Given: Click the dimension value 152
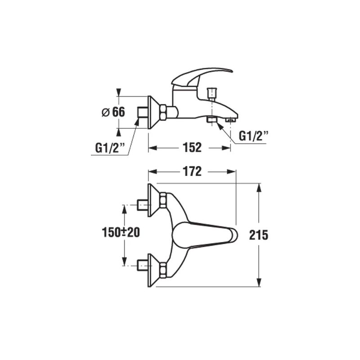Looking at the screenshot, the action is tap(192, 148).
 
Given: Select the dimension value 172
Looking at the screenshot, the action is tap(192, 171).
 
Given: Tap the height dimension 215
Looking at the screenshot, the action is tap(258, 235).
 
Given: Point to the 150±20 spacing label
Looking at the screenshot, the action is tap(121, 232).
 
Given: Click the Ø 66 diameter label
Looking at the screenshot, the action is tap(113, 112).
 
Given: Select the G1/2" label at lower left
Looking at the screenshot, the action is tap(110, 148).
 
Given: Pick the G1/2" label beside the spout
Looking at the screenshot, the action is tap(253, 136).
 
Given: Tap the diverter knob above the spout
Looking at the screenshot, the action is tap(211, 94).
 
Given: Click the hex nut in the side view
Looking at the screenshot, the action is tap(163, 112).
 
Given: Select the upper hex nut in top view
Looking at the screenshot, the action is tap(163, 200).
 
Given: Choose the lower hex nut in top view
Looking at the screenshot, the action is tap(163, 270).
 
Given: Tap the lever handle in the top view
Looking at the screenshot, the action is tap(205, 235).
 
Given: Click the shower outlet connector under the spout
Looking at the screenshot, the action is tap(211, 120).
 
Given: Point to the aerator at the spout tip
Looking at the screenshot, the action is tap(230, 120).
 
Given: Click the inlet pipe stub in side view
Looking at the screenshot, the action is tap(143, 112).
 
